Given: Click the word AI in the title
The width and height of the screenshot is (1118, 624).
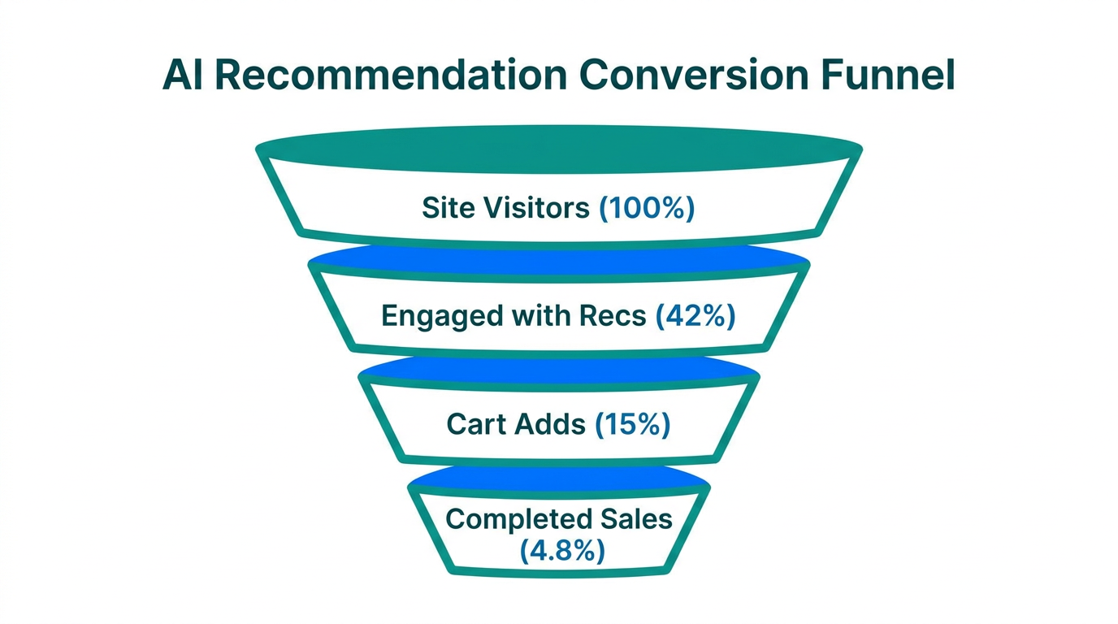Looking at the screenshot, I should pyautogui.click(x=182, y=76).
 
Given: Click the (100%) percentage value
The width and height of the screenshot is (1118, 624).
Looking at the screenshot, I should pyautogui.click(x=647, y=208).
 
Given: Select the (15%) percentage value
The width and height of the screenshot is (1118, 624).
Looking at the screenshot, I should pyautogui.click(x=632, y=423).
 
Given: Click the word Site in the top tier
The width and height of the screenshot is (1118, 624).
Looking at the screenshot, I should pyautogui.click(x=448, y=208).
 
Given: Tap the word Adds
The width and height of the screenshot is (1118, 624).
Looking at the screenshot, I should pyautogui.click(x=552, y=423).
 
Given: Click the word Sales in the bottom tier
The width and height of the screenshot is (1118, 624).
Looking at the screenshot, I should pyautogui.click(x=636, y=518).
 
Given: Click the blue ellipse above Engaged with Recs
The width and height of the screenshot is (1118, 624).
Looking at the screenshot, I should pyautogui.click(x=559, y=259).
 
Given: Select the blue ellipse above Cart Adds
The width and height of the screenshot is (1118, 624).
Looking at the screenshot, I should pyautogui.click(x=559, y=370).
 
